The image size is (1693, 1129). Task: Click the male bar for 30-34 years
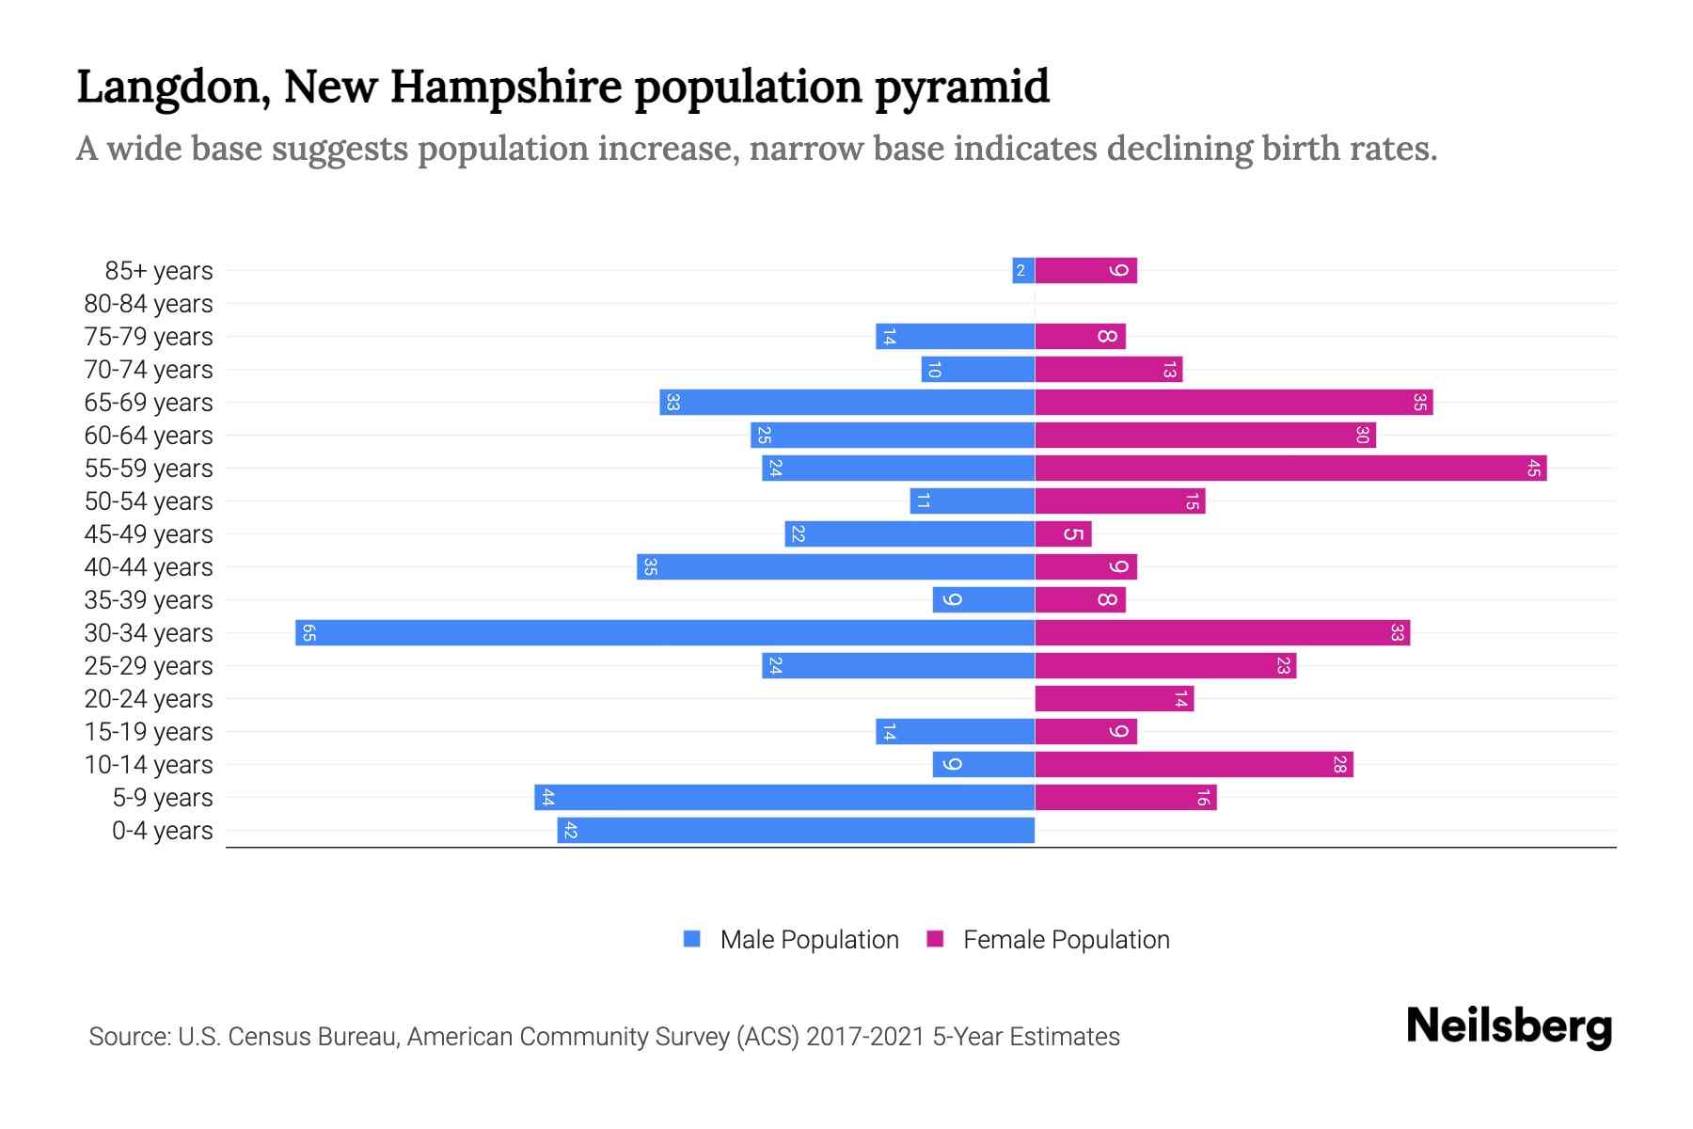665,632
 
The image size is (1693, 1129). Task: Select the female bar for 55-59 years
1290,468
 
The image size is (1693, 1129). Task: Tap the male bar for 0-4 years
796,830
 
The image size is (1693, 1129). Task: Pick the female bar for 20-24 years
1114,698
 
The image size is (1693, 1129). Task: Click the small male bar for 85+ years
1023,270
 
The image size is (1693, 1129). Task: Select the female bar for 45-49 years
1063,533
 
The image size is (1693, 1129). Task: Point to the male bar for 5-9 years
784,797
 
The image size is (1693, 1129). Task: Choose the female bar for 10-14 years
1194,764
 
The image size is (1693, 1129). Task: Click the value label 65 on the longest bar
309,632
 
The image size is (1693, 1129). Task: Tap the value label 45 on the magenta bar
1534,468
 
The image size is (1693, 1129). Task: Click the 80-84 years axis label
149,304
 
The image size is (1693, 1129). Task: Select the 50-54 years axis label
149,501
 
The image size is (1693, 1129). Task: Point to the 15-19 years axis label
149,732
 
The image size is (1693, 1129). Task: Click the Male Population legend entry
809,940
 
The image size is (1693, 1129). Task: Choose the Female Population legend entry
1066,940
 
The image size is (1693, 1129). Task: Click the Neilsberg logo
1509,1026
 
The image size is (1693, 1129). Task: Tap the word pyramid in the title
961,87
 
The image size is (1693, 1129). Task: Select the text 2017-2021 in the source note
865,1037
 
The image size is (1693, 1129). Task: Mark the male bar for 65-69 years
846,402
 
